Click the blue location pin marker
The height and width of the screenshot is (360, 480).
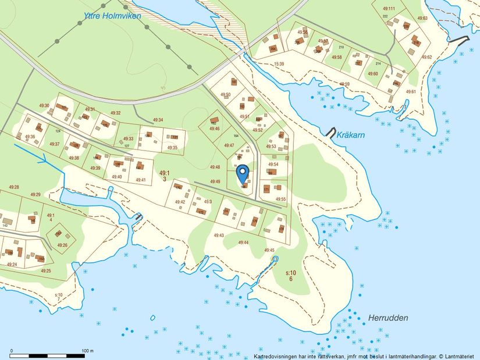click(243, 173)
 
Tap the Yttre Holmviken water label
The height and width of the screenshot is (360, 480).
click(112, 16)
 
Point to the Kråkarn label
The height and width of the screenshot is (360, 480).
click(351, 135)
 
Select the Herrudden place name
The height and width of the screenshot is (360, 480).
click(388, 318)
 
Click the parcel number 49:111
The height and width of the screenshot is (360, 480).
click(389, 9)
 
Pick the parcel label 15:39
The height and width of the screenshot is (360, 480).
click(279, 63)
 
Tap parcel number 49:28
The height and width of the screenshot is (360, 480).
click(13, 187)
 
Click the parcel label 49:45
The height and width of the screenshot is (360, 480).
click(269, 250)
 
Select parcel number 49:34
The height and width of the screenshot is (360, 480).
click(158, 120)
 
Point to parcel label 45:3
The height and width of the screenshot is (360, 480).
click(207, 202)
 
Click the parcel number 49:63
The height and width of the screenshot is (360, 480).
click(422, 18)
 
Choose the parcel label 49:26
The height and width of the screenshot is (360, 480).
click(62, 245)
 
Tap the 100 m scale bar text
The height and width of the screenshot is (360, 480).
click(88, 351)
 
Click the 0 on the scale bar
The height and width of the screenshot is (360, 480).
click(12, 351)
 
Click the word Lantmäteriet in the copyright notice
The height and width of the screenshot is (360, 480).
click(460, 356)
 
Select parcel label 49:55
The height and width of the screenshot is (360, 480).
click(280, 199)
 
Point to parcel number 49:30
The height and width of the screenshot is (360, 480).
click(44, 105)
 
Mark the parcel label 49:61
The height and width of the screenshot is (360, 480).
click(411, 92)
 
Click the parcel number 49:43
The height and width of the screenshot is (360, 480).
click(219, 235)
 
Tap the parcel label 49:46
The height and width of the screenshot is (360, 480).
click(214, 129)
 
